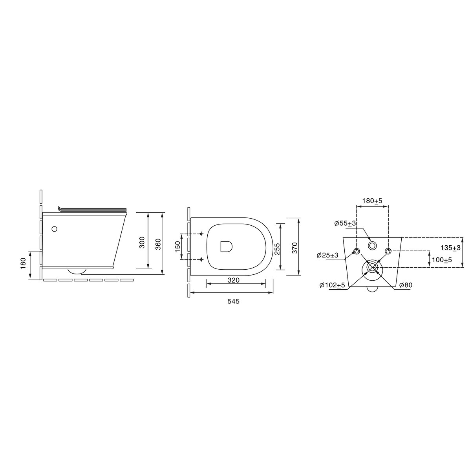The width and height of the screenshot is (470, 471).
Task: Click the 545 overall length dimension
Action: coord(233,301)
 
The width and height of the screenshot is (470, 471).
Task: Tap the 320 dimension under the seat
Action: coord(233,280)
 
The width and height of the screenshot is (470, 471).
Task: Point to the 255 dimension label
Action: coord(277,249)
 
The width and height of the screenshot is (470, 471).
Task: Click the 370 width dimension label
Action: coord(295,248)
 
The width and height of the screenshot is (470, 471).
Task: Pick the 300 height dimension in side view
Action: coord(142,242)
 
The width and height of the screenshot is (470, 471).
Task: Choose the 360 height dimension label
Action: coord(158,244)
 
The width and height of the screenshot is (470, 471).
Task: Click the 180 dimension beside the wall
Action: coord(23,263)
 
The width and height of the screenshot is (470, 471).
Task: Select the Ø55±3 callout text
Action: coord(345,223)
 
